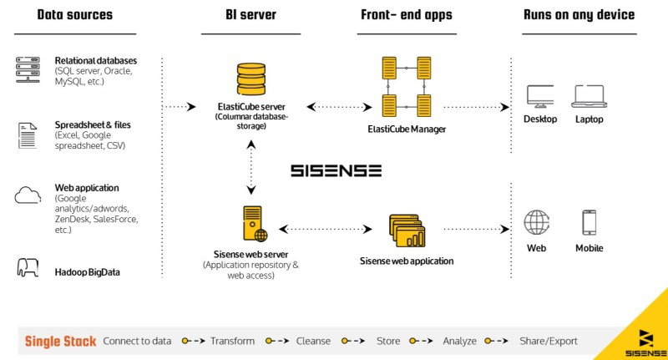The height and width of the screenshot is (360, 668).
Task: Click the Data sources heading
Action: point(75,15)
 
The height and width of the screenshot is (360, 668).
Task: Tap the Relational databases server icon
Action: point(28,70)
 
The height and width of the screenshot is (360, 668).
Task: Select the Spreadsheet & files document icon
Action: point(28,134)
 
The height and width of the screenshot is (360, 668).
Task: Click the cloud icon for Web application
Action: point(28,195)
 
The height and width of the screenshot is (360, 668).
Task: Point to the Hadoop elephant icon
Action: point(28,268)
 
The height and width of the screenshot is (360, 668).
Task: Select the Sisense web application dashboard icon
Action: point(407,231)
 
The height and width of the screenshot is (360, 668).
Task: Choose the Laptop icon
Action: point(588,96)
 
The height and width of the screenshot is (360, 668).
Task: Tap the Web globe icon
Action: point(536,222)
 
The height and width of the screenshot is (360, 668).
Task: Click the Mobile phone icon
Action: point(589,222)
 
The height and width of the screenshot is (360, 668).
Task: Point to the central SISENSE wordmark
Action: point(336,170)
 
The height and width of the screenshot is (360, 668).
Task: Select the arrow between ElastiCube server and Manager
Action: point(337,107)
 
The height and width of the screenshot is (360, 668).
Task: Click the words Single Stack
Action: point(60,341)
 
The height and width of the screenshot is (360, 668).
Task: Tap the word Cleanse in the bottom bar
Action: point(313,341)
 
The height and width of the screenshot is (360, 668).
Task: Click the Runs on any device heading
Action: point(579,15)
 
